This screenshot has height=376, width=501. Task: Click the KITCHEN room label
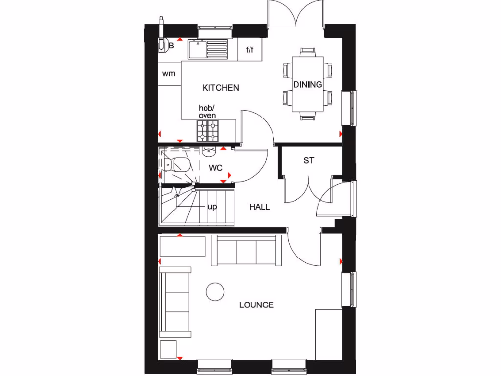coord(221,88)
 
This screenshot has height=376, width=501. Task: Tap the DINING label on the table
coord(308,84)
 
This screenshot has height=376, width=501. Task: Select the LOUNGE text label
coord(256,305)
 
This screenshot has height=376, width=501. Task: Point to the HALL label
coord(259,207)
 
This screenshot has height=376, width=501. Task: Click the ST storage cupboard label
coord(308,160)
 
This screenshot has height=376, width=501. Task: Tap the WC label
coord(216,168)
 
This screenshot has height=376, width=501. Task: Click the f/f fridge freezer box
coord(250,49)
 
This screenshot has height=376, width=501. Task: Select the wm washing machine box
coord(169,74)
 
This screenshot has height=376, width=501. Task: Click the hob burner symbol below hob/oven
coord(207,131)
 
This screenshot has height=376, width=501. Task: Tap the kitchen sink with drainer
coord(208,49)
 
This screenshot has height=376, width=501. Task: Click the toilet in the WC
coord(176,164)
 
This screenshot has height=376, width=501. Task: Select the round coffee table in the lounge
coord(214,292)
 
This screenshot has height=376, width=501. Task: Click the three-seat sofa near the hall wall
coord(246,250)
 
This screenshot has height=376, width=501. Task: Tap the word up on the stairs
coord(212,207)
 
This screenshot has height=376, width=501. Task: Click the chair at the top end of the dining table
coord(308,51)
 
